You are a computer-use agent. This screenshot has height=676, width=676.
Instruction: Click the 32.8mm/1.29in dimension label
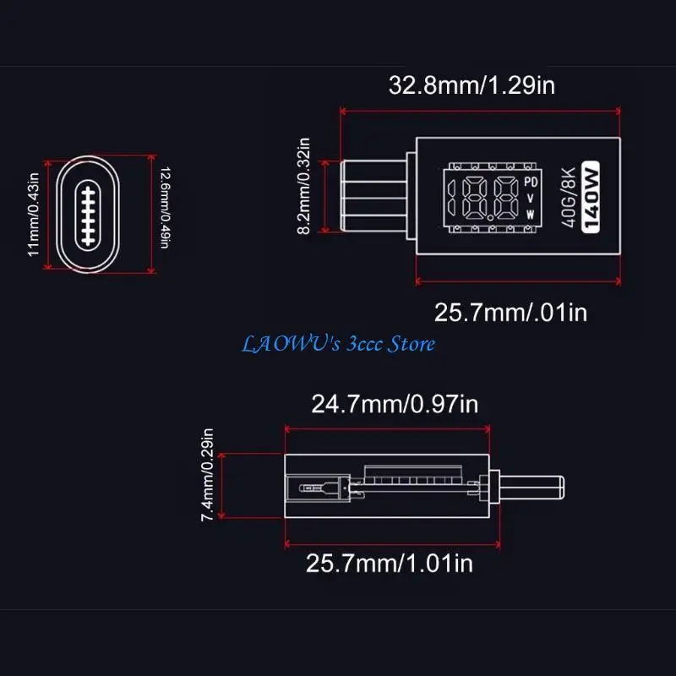[472, 85]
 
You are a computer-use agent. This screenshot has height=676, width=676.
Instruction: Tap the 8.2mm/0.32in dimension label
[304, 186]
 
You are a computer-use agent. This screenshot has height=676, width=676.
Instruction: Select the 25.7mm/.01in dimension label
[510, 312]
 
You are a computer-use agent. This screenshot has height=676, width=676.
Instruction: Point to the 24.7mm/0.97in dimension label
[395, 404]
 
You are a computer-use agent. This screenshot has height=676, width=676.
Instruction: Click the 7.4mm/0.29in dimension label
[207, 475]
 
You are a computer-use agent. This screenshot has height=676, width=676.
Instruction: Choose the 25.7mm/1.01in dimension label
[390, 563]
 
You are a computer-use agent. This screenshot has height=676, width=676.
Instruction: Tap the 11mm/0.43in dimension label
[33, 215]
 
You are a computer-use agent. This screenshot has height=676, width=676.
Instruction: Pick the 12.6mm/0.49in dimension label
[165, 208]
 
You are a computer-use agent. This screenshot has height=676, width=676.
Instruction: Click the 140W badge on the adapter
[591, 197]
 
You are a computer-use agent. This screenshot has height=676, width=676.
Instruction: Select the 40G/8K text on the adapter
[569, 197]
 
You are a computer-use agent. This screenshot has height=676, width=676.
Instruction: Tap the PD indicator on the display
[531, 182]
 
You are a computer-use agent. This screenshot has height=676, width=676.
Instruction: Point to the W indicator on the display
[531, 215]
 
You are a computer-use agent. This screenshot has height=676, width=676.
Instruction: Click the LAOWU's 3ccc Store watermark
[338, 344]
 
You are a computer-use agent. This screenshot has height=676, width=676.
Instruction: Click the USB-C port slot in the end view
[88, 215]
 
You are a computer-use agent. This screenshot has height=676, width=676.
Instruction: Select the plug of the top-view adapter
[373, 196]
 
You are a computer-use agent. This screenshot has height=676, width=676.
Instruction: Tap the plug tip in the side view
[532, 488]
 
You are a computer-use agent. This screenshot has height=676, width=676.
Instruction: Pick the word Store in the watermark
[412, 344]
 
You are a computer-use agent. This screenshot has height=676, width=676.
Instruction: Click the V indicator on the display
[531, 199]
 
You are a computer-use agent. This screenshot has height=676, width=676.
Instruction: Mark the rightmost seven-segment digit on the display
[506, 197]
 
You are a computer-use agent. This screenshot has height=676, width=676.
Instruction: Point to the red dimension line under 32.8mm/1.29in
[480, 112]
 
